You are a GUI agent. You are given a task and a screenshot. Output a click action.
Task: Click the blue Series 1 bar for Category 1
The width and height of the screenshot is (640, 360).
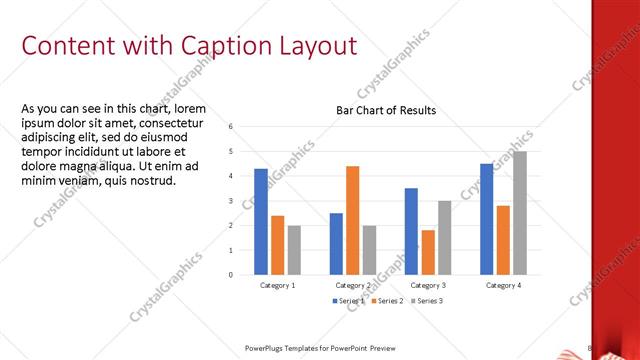click(260, 221)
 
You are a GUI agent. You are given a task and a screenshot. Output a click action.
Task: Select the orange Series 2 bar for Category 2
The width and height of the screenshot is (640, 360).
click(353, 219)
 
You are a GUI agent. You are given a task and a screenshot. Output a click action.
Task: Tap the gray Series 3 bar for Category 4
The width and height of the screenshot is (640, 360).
click(520, 213)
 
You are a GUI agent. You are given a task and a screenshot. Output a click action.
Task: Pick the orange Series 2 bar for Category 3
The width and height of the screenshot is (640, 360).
click(428, 252)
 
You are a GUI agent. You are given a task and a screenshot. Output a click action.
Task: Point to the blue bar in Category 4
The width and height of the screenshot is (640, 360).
click(486, 219)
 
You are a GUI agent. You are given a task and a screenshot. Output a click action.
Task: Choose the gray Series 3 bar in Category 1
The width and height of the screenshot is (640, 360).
click(294, 249)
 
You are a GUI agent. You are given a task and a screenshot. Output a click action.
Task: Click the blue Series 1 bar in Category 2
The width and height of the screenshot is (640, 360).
click(336, 243)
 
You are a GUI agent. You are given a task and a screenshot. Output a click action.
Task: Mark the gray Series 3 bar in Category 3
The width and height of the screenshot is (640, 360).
click(445, 237)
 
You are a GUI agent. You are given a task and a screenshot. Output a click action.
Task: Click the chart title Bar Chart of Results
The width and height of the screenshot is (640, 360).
click(385, 110)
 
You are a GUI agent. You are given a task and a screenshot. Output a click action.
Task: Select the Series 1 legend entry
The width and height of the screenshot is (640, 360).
click(348, 301)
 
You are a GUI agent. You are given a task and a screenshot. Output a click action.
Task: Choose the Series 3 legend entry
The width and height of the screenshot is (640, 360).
click(426, 301)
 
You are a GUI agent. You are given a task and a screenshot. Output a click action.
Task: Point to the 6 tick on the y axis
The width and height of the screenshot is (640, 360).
click(231, 127)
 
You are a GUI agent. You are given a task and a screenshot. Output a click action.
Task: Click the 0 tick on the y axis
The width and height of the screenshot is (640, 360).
click(231, 274)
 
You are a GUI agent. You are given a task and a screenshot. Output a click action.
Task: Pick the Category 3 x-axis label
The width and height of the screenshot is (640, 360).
click(428, 286)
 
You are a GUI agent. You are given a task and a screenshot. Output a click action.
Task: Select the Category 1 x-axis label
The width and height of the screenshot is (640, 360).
click(277, 286)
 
